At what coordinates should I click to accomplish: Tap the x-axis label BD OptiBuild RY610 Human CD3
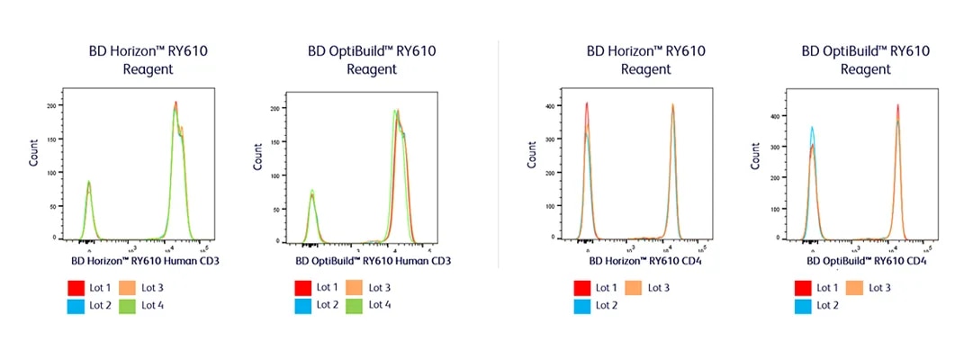373,262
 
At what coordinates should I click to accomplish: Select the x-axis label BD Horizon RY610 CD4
644,262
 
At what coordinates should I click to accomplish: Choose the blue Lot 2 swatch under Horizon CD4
582,306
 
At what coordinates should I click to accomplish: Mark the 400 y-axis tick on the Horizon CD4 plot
552,106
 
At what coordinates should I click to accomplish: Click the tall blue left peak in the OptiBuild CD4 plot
812,130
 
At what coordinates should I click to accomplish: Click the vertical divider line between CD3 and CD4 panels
498,153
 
